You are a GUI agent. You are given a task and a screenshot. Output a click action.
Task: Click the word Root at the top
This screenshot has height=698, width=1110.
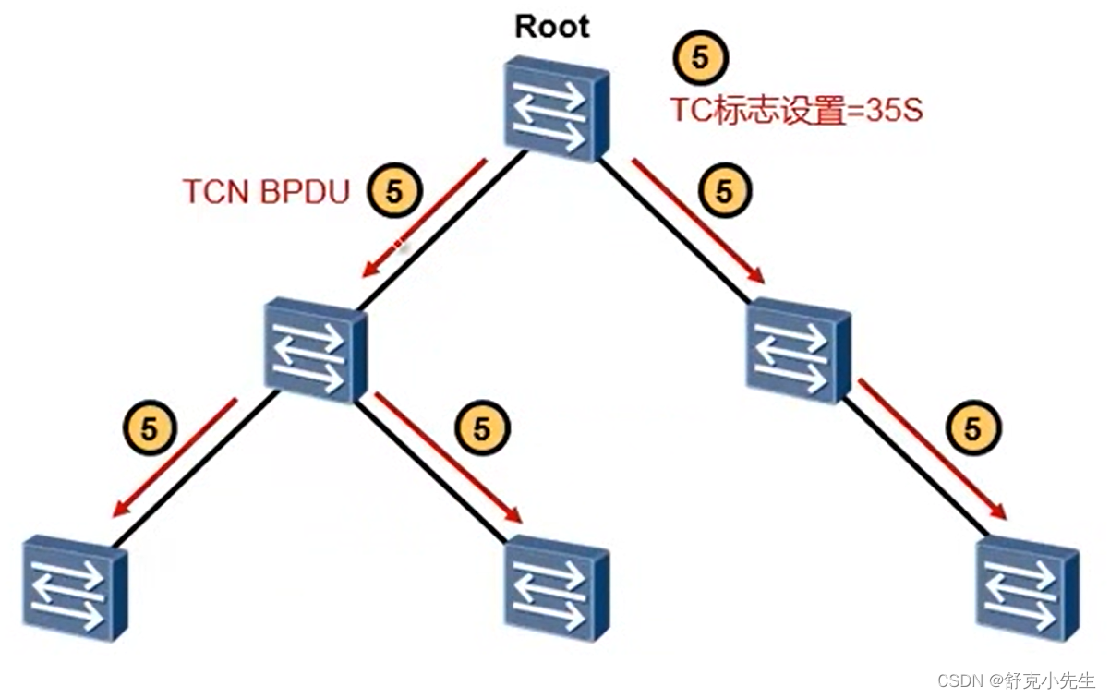551,26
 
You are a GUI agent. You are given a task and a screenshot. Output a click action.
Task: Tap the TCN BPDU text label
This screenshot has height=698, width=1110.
266,192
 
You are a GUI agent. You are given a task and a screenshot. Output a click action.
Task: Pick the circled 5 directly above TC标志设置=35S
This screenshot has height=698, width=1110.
701,58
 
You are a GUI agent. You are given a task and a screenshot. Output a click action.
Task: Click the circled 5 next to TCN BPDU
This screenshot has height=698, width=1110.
394,192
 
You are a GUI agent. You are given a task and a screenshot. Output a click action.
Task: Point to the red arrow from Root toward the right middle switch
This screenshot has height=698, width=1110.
698,221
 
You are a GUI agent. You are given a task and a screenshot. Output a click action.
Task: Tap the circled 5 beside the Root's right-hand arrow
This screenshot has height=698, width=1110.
725,191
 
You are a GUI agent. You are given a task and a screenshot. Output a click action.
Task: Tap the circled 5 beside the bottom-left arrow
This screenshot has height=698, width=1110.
148,428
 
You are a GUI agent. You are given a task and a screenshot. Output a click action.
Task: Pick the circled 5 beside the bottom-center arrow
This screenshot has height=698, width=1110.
482,428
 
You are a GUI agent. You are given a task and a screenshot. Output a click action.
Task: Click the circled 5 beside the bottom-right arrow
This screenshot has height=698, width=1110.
973,428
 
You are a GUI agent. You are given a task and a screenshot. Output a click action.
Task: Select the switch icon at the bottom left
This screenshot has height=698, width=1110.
74,588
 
